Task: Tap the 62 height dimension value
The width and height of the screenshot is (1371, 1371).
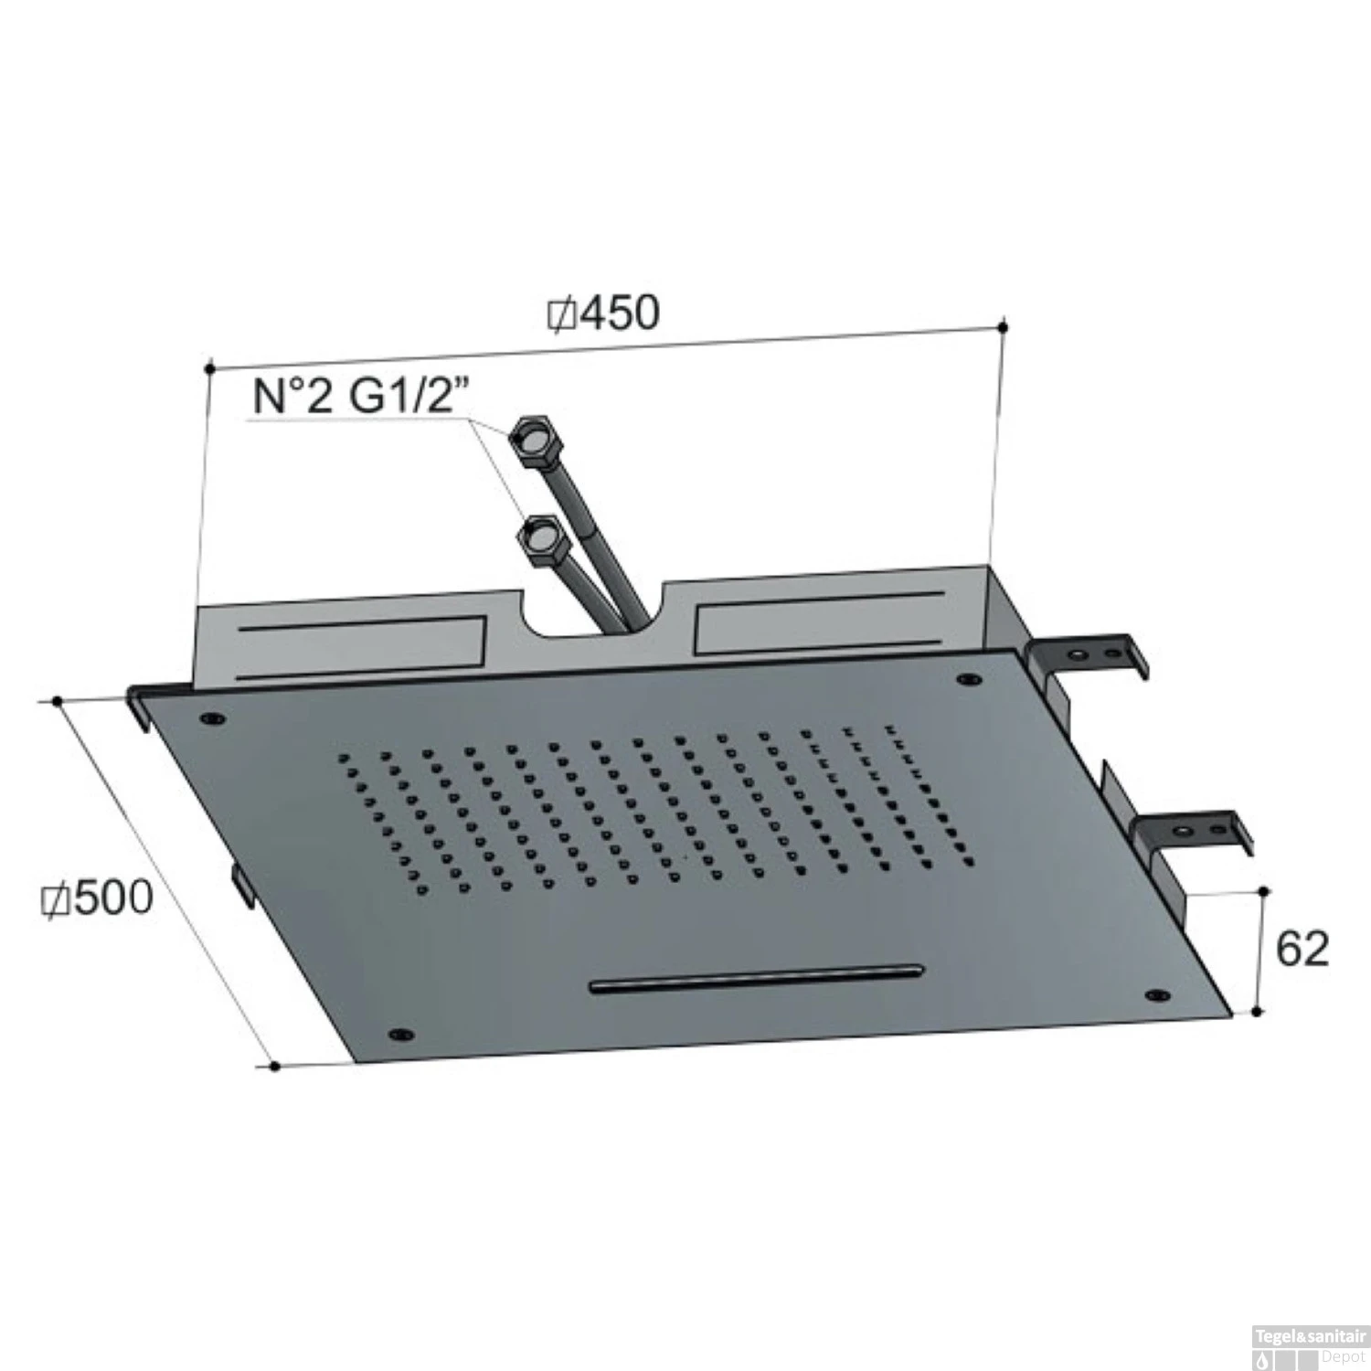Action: click(x=1301, y=950)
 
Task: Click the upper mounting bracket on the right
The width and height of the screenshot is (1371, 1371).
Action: click(x=1088, y=654)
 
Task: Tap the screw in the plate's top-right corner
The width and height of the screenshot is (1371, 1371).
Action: click(x=967, y=680)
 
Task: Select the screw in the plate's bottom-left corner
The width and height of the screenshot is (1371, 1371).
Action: click(x=399, y=1034)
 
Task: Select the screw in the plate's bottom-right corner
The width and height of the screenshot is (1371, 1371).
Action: click(x=1156, y=994)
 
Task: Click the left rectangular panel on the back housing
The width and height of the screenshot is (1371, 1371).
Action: click(x=361, y=646)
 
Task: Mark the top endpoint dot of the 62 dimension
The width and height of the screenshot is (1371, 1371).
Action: click(x=1263, y=890)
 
